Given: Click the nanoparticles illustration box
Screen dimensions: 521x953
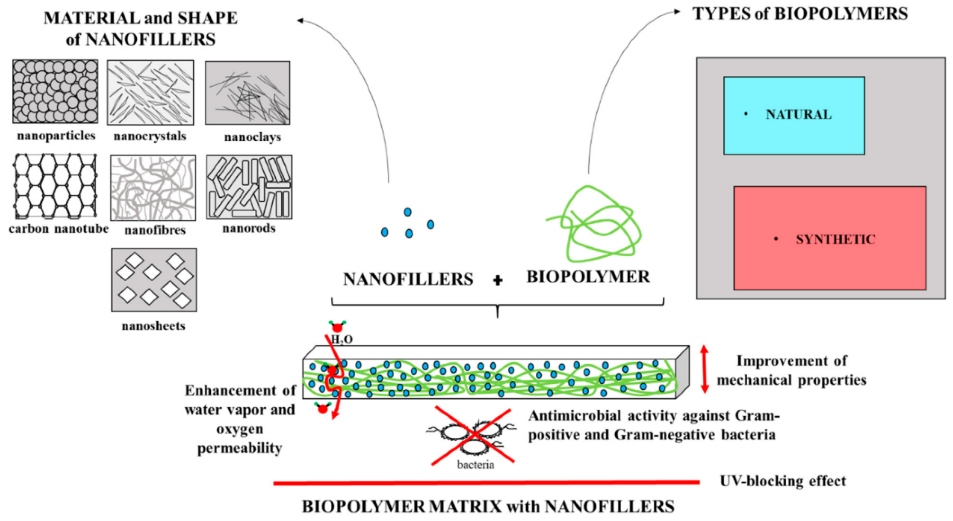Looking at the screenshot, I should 55,91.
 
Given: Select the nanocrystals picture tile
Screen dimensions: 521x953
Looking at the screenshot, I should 150,93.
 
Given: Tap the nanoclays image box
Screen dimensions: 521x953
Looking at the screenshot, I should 247,93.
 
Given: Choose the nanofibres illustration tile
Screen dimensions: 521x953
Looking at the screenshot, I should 153,187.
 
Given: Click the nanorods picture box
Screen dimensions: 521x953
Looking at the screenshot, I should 249,187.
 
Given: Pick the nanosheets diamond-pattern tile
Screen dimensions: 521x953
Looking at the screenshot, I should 154,280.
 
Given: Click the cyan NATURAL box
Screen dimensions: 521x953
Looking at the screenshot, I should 794,115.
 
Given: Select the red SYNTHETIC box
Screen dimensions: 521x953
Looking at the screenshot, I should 829,238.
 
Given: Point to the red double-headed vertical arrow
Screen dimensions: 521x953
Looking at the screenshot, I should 704,369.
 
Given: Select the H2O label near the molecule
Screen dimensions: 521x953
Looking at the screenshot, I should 342,340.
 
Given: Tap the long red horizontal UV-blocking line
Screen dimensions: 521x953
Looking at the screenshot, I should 486,482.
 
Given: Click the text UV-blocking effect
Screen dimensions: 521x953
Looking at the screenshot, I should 783,481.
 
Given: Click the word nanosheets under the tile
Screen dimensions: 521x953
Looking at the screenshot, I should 153,326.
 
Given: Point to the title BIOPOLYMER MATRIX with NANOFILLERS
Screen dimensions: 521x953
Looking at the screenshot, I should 488,506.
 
